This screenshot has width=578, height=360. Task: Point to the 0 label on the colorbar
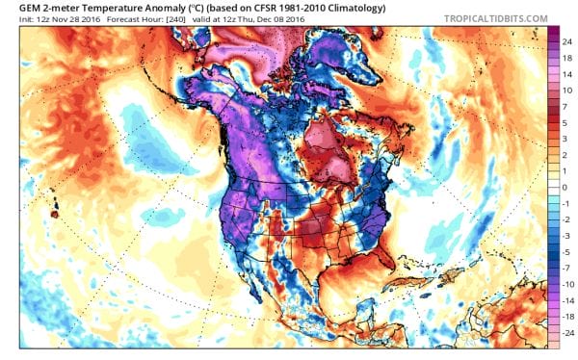[566, 187]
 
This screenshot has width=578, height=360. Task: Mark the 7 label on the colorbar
[566, 105]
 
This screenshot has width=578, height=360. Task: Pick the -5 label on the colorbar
[567, 251]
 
